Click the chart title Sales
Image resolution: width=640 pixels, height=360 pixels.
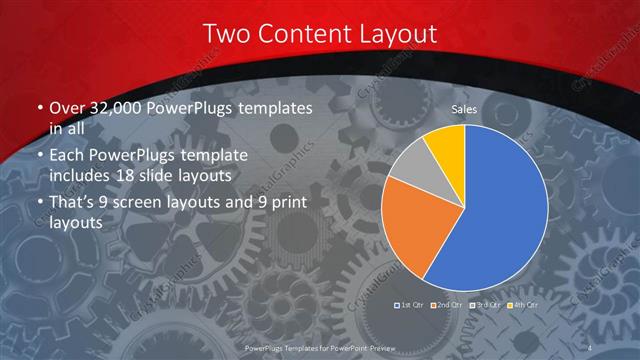pyautogui.click(x=463, y=109)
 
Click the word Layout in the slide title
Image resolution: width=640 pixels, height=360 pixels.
pyautogui.click(x=397, y=34)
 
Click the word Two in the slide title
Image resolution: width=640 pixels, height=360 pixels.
pyautogui.click(x=226, y=34)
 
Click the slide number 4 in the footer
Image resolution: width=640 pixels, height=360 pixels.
pyautogui.click(x=592, y=346)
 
